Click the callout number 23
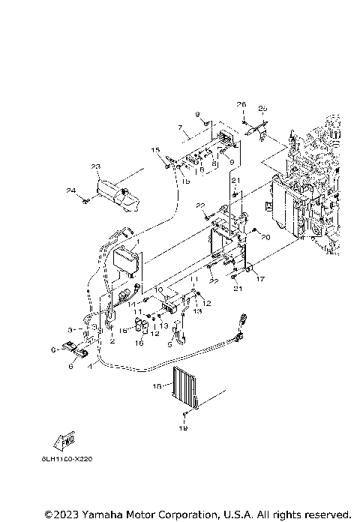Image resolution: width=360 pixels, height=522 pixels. tap(95, 166)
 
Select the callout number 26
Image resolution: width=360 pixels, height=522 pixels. tap(242, 104)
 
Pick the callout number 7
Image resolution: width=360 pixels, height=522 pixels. tap(180, 128)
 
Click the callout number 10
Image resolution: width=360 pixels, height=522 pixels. tap(158, 288)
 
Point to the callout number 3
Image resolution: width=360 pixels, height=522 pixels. tap(70, 329)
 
